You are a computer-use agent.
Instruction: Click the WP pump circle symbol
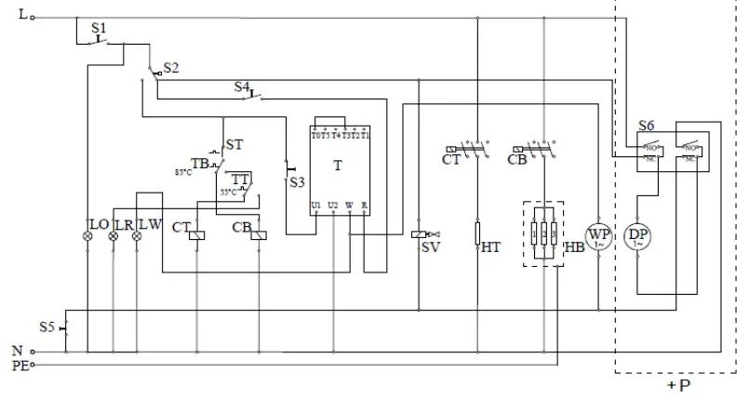pos(597,236)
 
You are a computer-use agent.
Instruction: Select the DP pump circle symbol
pos(636,236)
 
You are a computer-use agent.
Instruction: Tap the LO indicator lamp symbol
pos(88,237)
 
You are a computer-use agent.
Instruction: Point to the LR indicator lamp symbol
pos(114,237)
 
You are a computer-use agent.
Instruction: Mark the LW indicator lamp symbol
pos(138,237)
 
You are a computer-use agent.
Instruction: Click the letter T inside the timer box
pos(336,164)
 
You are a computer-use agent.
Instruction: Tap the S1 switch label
pos(99,29)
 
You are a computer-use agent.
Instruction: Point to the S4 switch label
pos(242,86)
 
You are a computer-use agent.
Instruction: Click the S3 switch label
pos(297,181)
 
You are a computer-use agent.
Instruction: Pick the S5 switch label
pos(47,327)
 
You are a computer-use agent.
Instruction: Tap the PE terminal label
pos(18,366)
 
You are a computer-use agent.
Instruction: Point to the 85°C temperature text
pos(184,172)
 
